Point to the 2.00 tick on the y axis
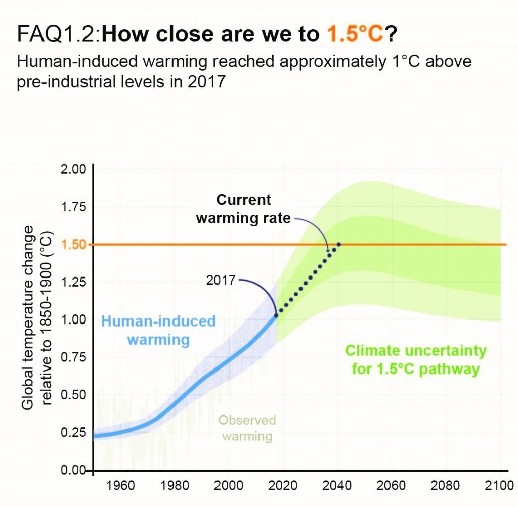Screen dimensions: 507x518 coord(74,169)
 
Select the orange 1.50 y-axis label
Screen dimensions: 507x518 coord(74,245)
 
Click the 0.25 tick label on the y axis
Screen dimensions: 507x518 coord(74,433)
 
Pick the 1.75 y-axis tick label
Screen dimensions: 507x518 coord(74,207)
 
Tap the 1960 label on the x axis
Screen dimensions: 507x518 coord(121,486)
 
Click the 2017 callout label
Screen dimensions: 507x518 coord(221,280)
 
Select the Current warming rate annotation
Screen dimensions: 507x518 coord(244,209)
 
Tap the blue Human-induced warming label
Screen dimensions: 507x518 coord(158,330)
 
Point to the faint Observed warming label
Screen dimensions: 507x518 coord(247,428)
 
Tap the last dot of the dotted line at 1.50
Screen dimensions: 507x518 coord(338,245)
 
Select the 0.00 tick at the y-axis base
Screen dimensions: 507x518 coord(74,471)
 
